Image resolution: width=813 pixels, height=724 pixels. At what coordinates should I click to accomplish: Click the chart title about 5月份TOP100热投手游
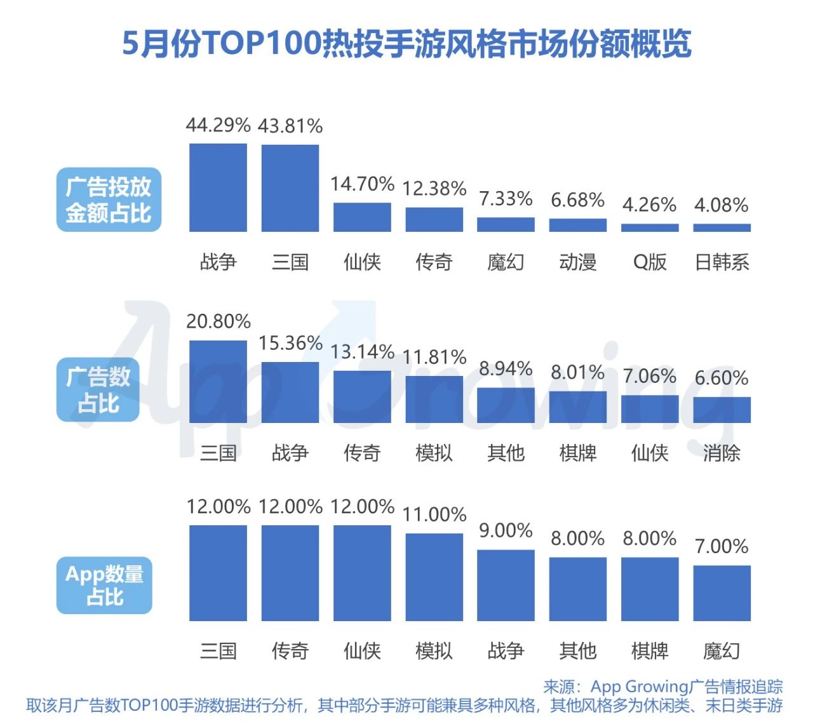click(x=406, y=43)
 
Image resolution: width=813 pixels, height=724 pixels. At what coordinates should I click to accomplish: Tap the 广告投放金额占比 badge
click(x=109, y=199)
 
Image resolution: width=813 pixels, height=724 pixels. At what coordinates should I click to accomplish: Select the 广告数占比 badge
click(x=98, y=390)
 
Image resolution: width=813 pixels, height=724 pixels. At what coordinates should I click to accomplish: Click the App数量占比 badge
click(x=105, y=585)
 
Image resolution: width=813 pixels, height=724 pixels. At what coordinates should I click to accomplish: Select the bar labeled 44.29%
click(x=218, y=187)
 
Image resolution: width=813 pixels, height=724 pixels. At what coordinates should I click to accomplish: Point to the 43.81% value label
click(x=290, y=126)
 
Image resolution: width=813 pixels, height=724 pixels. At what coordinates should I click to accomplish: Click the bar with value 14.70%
click(x=362, y=217)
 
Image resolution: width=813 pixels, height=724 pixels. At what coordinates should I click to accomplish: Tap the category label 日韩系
click(x=722, y=262)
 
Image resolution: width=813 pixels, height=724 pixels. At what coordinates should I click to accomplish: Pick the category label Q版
click(x=650, y=262)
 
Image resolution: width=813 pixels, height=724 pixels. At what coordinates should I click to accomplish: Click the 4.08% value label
click(x=722, y=205)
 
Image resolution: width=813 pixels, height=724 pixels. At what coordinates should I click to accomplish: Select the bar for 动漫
click(x=578, y=225)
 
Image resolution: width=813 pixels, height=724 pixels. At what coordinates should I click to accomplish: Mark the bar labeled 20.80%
click(x=218, y=382)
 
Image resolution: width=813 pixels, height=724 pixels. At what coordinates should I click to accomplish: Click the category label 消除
click(x=722, y=453)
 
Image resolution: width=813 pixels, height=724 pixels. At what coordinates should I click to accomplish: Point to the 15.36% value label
click(x=290, y=343)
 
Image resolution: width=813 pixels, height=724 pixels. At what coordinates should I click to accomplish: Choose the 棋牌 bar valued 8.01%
click(x=578, y=407)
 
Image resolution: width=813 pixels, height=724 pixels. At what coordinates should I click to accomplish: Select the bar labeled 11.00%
click(x=434, y=577)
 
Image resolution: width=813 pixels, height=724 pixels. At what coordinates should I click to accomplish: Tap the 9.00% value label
click(x=506, y=530)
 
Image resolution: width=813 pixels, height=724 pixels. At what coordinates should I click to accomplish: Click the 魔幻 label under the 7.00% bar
click(x=722, y=650)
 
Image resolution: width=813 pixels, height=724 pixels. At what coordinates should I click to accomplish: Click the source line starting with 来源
click(x=662, y=687)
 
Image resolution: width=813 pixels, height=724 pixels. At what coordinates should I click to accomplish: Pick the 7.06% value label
click(x=650, y=376)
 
